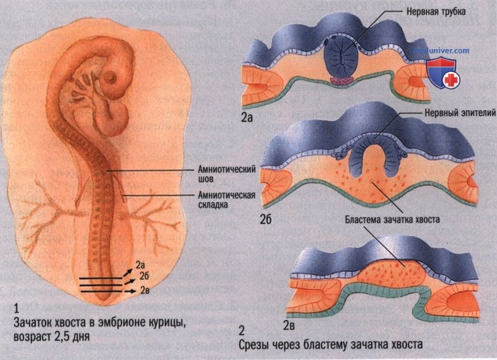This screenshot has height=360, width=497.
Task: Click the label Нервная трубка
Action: [436, 12]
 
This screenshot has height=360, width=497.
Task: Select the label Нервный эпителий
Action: [460, 112]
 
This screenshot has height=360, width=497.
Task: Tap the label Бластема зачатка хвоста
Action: [392, 219]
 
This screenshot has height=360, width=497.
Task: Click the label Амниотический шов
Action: [227, 174]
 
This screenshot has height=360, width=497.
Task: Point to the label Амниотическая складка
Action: [227, 200]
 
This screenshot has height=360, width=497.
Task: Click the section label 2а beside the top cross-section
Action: [247, 118]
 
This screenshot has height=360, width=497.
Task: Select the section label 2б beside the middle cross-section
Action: [266, 219]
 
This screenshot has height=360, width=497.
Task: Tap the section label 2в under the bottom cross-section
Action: [288, 325]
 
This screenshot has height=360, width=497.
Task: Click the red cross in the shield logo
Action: [450, 80]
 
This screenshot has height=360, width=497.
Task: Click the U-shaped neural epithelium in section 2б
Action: [371, 155]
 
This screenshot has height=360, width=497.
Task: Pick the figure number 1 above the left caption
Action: [17, 309]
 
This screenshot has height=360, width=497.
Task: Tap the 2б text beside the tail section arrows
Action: [144, 276]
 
